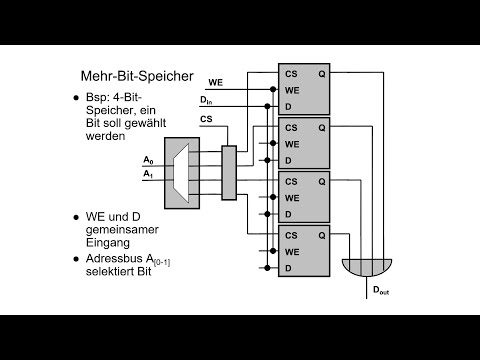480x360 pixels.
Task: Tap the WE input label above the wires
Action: (215, 81)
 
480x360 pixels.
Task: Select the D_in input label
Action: (206, 99)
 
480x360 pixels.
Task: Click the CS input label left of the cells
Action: (206, 119)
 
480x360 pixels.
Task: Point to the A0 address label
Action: (148, 160)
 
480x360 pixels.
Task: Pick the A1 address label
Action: (148, 173)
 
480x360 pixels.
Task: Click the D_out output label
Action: (381, 289)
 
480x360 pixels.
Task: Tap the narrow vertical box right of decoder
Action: (228, 171)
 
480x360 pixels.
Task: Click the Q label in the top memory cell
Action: (320, 74)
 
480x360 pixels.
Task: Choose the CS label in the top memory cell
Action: (291, 74)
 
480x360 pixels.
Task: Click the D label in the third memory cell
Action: (288, 212)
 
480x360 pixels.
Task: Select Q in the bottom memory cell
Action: (320, 236)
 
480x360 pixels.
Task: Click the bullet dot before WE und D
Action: (76, 216)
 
